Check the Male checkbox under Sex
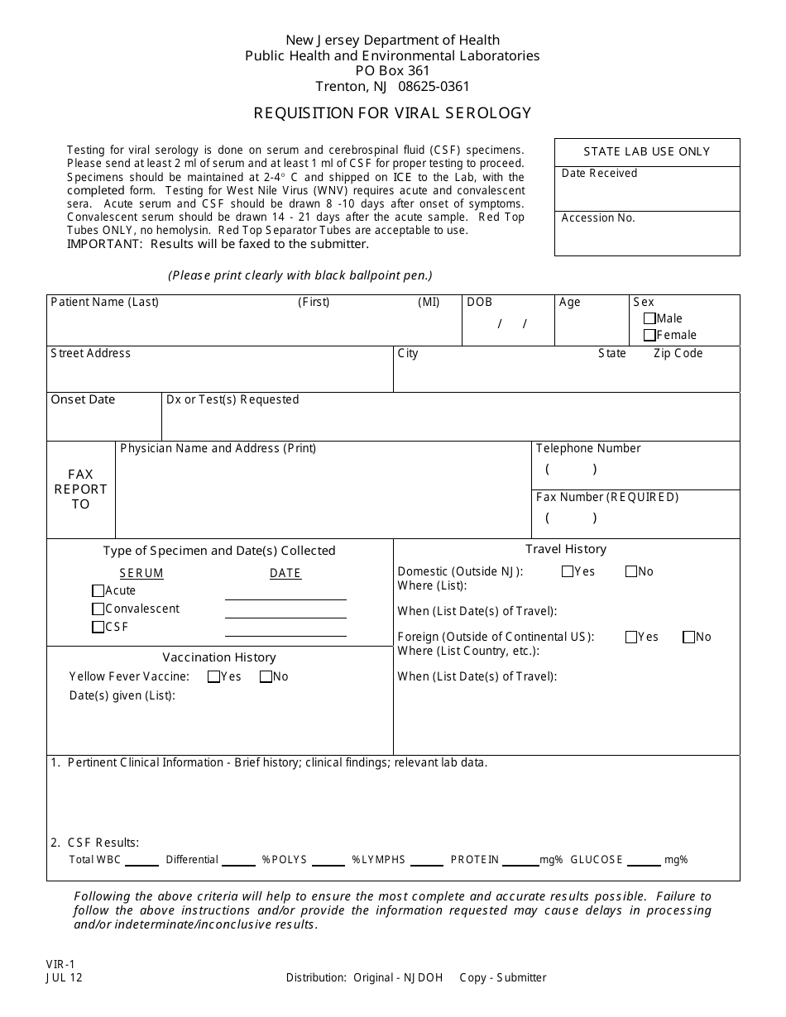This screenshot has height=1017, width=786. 649,318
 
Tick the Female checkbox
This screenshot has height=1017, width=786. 649,335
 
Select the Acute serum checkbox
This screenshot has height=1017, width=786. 98,590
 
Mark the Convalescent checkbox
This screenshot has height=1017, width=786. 98,609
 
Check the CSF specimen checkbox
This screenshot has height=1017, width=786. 98,627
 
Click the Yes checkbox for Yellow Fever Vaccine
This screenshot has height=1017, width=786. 213,676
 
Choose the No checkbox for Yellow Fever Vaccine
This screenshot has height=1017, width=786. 266,676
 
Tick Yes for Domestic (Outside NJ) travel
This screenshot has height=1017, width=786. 568,571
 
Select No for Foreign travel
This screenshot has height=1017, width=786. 688,637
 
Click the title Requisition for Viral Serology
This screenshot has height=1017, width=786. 392,113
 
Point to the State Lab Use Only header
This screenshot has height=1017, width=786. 646,151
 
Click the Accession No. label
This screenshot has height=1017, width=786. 598,218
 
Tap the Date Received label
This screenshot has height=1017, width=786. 599,173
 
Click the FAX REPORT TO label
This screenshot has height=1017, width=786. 80,489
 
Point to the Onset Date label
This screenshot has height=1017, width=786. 83,399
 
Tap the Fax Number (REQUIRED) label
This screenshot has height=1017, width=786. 606,497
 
